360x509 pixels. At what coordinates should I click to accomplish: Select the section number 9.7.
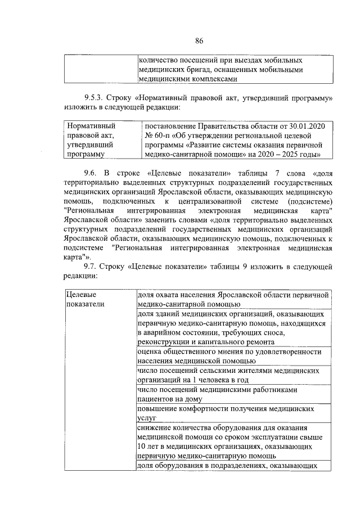click(93, 265)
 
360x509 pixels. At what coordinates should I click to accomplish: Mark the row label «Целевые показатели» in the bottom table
click(82, 300)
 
